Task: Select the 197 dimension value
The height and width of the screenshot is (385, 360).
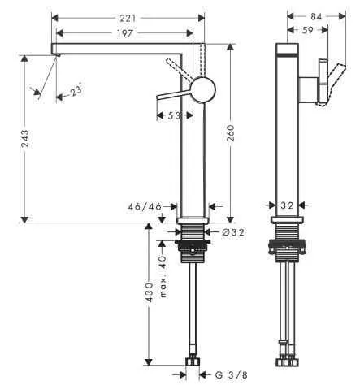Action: point(123,32)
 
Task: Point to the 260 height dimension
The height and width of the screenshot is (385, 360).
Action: point(231,135)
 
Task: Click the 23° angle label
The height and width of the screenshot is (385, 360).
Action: point(75,92)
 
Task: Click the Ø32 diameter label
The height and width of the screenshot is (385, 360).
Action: point(232,233)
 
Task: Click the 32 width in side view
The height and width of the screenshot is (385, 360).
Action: point(285,207)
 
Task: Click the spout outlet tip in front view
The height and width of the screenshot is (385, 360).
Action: point(57,50)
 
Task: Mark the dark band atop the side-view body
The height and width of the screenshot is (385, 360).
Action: point(285,50)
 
